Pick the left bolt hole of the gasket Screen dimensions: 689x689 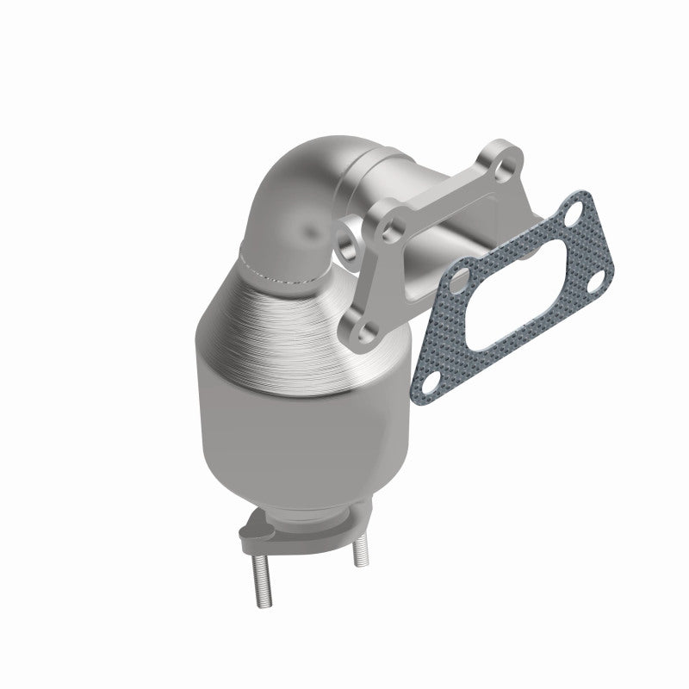(x=458, y=280)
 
